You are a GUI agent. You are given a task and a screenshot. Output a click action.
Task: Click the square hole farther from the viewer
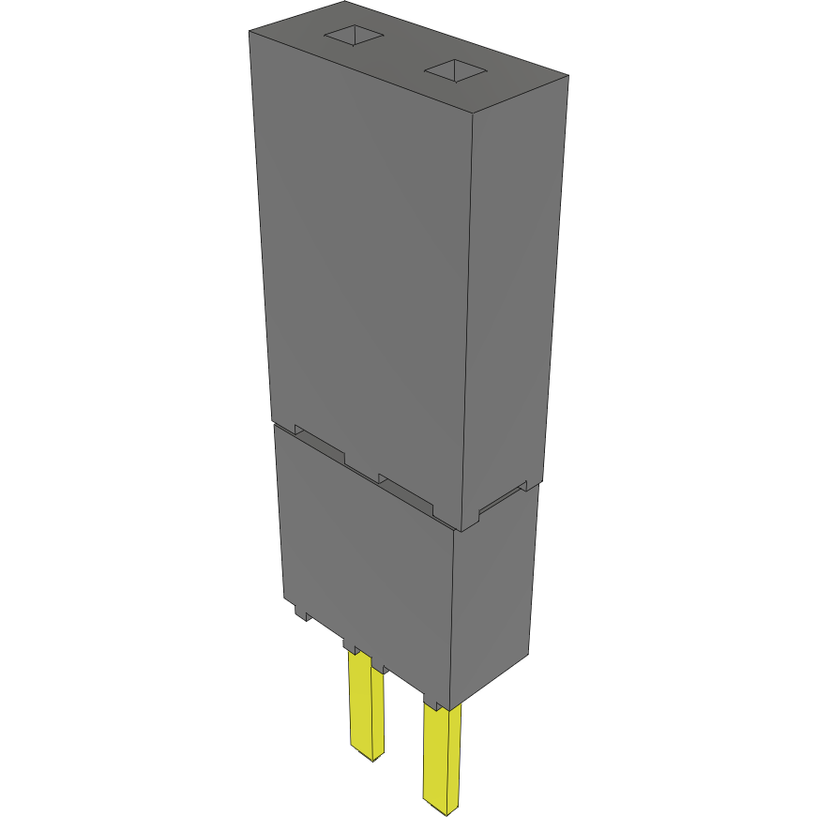pos(355,36)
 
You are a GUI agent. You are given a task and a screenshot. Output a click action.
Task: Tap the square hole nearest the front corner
pos(455,69)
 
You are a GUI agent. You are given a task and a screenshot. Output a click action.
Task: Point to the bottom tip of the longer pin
pos(444,807)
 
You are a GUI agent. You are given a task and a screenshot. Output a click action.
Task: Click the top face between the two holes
pos(403,53)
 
